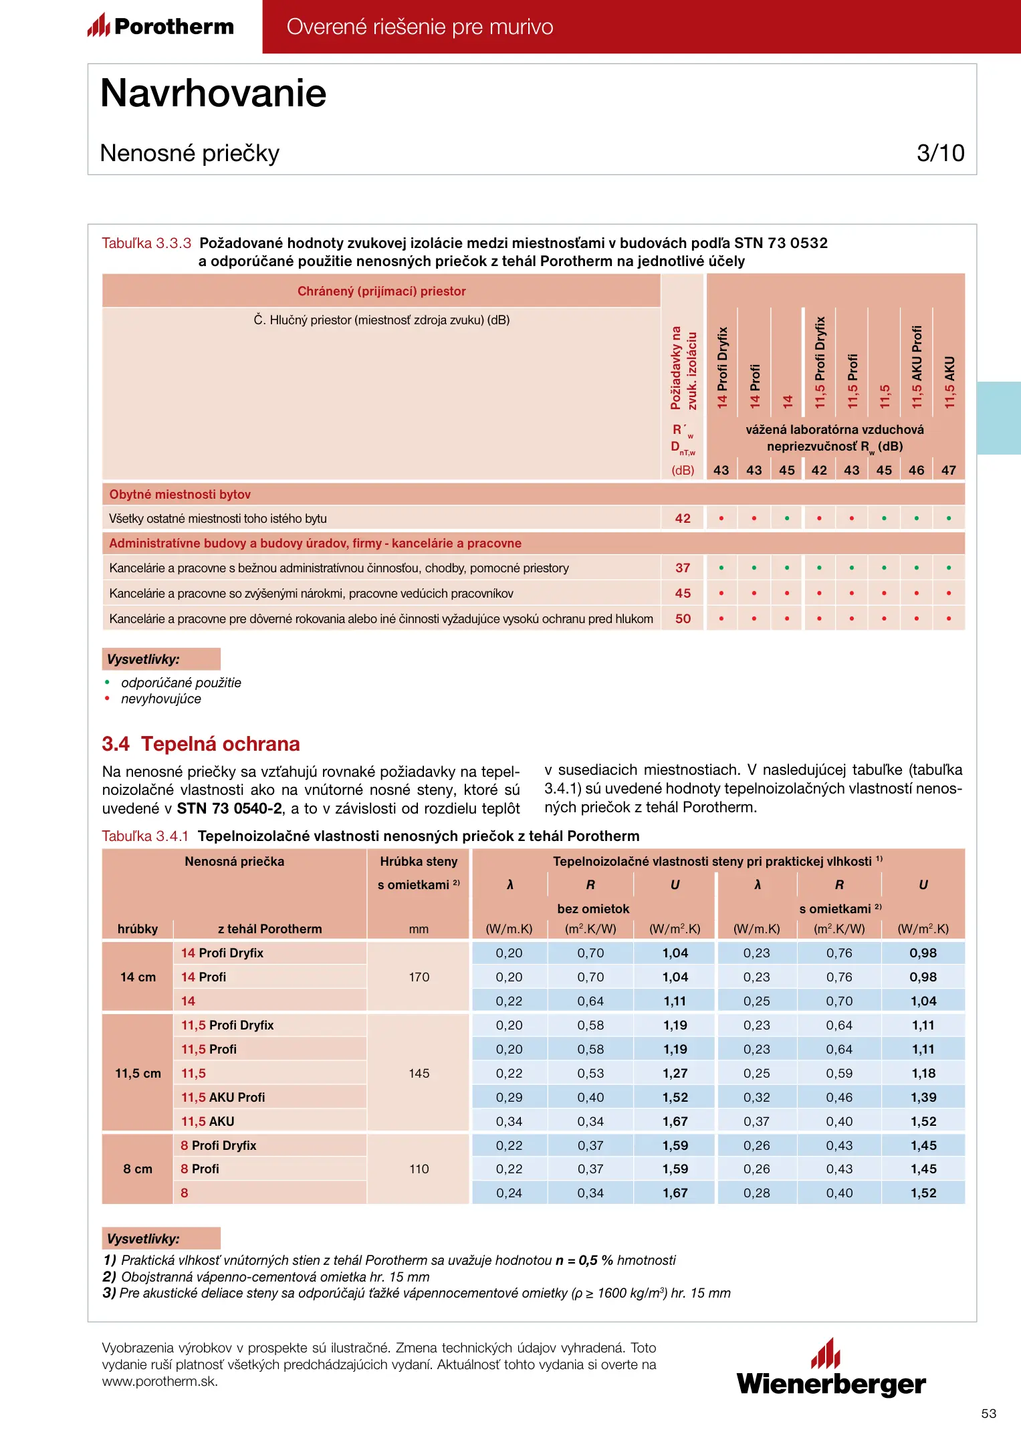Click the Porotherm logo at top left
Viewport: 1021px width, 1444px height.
coord(161,26)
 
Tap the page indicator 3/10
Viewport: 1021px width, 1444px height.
coord(940,153)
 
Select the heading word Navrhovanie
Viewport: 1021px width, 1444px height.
coord(213,93)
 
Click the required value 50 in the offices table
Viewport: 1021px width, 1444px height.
coord(683,618)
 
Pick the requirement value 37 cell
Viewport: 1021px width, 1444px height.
coord(683,568)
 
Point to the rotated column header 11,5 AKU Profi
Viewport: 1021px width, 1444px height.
coord(917,366)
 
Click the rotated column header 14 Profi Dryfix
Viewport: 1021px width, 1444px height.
coord(722,367)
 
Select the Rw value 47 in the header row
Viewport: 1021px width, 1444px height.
coord(949,470)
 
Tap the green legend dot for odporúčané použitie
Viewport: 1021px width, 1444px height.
coord(107,683)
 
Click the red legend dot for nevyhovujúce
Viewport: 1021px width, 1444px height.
coord(107,699)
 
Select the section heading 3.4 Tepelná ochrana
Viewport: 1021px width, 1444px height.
coord(201,744)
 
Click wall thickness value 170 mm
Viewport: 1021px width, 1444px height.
coord(419,977)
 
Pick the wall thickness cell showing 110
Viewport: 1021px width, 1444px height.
coord(419,1169)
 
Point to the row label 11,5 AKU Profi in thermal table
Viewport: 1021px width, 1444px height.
coord(223,1097)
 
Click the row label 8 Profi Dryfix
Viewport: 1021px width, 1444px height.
coord(219,1145)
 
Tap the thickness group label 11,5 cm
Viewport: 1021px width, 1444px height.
coord(138,1073)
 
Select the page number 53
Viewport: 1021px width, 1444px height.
coord(988,1413)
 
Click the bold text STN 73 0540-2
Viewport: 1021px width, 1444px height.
coord(229,808)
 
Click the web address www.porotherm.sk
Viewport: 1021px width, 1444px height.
coord(160,1381)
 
